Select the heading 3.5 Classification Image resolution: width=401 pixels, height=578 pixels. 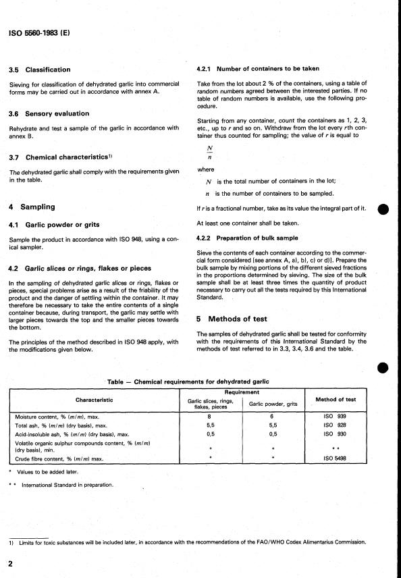[x=48, y=70]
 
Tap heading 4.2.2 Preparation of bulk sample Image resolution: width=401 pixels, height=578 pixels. [x=250, y=238]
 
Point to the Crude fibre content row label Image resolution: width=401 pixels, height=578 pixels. [x=59, y=458]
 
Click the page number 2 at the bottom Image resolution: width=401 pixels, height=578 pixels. [x=11, y=563]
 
